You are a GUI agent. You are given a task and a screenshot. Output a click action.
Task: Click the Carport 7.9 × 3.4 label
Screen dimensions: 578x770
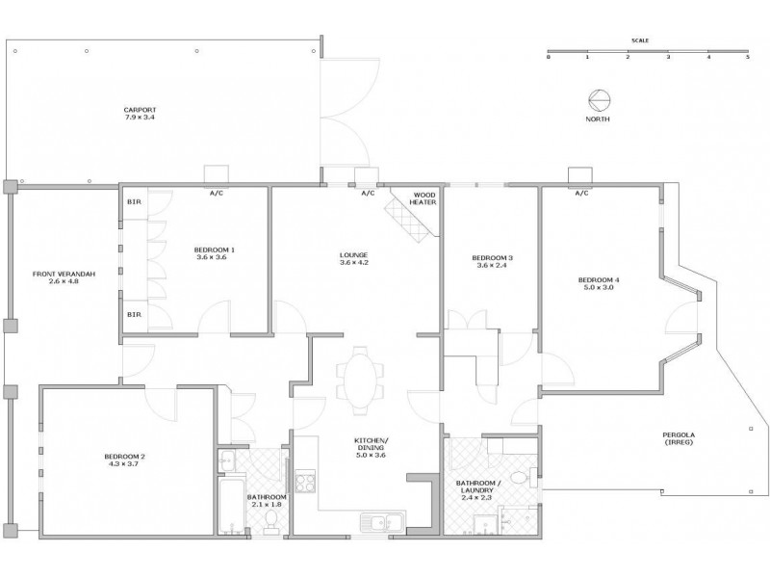tap(140, 113)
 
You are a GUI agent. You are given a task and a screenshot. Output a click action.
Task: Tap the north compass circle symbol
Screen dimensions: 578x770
tap(598, 99)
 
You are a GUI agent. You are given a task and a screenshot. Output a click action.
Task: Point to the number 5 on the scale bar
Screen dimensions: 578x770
tap(747, 58)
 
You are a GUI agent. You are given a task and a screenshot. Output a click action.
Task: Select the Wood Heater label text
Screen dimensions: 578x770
tap(424, 197)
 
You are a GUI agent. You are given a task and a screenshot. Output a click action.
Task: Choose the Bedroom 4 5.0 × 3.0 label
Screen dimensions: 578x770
tap(600, 283)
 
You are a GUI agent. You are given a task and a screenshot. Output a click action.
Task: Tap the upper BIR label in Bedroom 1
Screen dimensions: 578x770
tap(133, 202)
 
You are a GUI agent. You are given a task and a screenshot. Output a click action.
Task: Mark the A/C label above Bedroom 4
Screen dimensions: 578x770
tap(580, 194)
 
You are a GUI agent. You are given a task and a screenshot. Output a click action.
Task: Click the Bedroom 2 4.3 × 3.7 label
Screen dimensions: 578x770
tap(124, 460)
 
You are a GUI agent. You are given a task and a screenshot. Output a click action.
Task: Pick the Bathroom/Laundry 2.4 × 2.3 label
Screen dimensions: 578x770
tap(476, 490)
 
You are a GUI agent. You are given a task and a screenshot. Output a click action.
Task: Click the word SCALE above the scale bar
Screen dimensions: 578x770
tap(639, 40)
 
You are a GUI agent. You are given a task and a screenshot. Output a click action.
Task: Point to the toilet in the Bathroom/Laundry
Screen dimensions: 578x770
tap(520, 476)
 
